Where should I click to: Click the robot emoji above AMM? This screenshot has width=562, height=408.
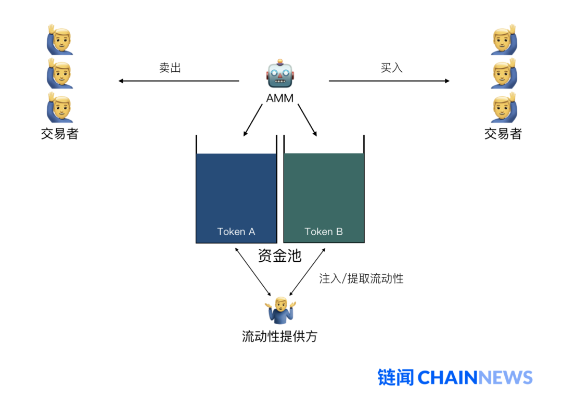coord(280,74)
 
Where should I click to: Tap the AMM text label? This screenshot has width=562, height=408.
coord(280,98)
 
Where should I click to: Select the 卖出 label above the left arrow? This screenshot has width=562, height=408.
coord(170,68)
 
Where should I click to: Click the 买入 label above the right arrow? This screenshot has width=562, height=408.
coord(391,68)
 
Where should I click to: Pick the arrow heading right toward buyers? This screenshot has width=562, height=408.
coord(389,81)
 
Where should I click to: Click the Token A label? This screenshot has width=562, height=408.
coord(236,232)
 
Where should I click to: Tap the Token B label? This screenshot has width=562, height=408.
coord(324,232)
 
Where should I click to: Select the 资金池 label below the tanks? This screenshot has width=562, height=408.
coord(279,256)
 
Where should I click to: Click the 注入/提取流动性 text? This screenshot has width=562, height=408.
coord(361,278)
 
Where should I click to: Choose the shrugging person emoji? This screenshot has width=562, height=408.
coord(280,310)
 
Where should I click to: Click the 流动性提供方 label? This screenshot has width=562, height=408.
coord(279,336)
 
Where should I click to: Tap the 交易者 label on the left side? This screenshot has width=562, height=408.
coord(60,134)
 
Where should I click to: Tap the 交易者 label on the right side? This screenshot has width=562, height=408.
coord(503,134)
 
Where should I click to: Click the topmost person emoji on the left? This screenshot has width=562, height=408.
coord(60,40)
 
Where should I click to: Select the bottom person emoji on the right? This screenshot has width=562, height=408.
coord(503,107)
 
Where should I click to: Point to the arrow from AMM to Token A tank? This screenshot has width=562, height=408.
coord(253,120)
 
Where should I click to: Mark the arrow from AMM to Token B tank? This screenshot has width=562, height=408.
coord(307,120)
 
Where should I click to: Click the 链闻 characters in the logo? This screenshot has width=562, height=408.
coord(395,377)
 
